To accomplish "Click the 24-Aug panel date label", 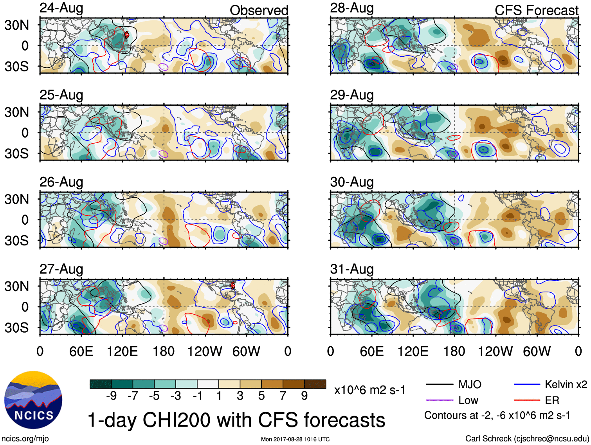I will pyautogui.click(x=61, y=8).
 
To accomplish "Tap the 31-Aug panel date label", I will pyautogui.click(x=352, y=269).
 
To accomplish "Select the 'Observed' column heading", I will pyautogui.click(x=259, y=10).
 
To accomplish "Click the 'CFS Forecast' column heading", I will pyautogui.click(x=536, y=10).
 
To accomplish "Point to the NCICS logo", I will pyautogui.click(x=33, y=400).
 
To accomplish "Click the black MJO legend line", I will pyautogui.click(x=439, y=384).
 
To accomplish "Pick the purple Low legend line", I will pyautogui.click(x=439, y=400).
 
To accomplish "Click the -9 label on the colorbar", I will pyautogui.click(x=111, y=396).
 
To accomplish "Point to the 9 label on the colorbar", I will pyautogui.click(x=304, y=396).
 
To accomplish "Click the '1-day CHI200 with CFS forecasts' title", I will pyautogui.click(x=236, y=420).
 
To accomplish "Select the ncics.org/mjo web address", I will pyautogui.click(x=25, y=439).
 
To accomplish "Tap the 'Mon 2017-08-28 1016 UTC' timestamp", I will pyautogui.click(x=295, y=439).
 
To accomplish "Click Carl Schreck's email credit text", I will pyautogui.click(x=527, y=439).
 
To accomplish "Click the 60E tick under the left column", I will pyautogui.click(x=81, y=351).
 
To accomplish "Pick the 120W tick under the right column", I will pyautogui.click(x=495, y=351).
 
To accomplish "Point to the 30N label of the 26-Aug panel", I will pyautogui.click(x=17, y=199).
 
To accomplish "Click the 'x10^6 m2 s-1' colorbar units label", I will pyautogui.click(x=369, y=390).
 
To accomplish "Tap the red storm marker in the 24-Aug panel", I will pyautogui.click(x=126, y=35).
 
